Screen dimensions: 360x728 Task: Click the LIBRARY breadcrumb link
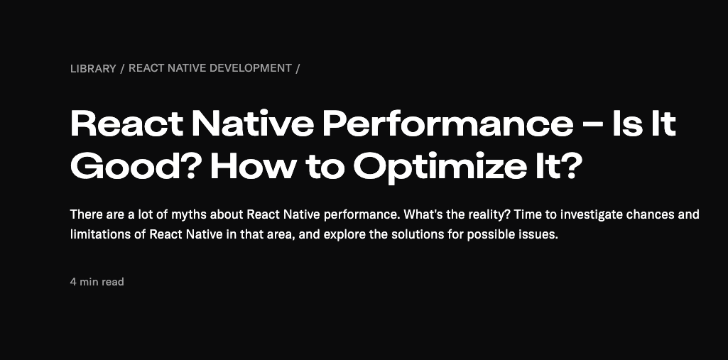(93, 69)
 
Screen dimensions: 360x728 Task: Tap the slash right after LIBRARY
(122, 69)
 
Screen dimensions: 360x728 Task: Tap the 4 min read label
(97, 282)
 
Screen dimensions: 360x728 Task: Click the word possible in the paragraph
(495, 234)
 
